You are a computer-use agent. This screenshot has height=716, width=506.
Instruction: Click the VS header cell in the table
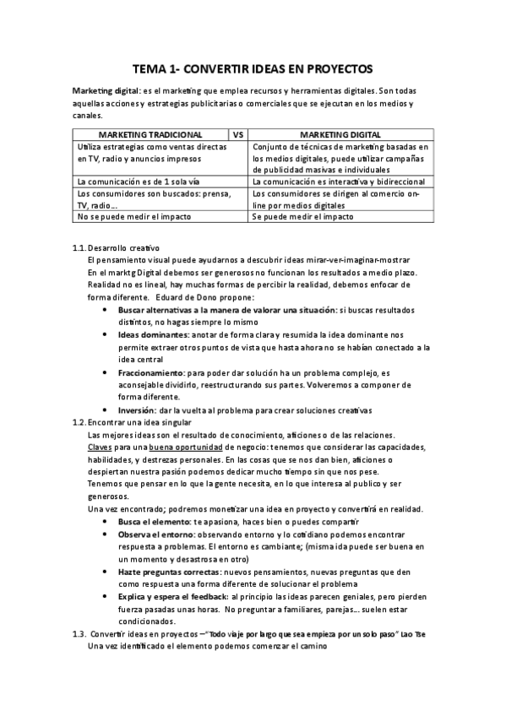238,134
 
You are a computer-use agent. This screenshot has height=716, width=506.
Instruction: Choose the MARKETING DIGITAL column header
340,134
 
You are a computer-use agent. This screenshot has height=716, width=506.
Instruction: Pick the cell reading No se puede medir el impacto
133,216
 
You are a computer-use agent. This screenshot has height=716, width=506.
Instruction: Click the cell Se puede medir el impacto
302,216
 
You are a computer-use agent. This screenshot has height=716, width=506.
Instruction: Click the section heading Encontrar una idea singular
139,422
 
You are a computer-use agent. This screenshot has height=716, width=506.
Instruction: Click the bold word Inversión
136,410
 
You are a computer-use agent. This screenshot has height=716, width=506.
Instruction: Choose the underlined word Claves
100,447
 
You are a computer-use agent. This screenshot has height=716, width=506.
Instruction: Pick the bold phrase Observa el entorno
156,535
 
